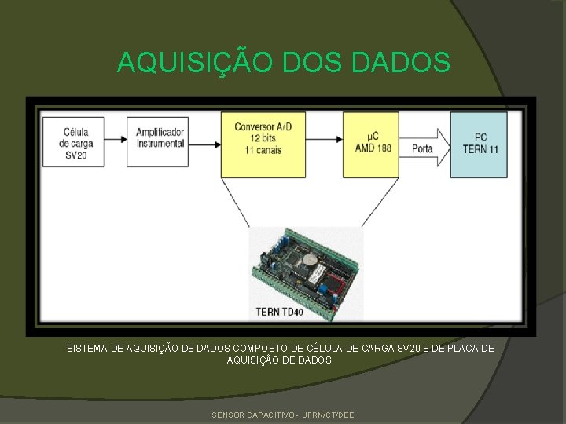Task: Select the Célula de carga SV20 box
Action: pyautogui.click(x=76, y=142)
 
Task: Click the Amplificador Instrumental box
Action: pyautogui.click(x=160, y=142)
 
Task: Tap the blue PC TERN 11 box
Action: pyautogui.click(x=479, y=144)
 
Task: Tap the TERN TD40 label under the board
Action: pyautogui.click(x=279, y=312)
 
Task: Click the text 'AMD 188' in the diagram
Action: pyautogui.click(x=373, y=148)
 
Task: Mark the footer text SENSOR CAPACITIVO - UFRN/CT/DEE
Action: pyautogui.click(x=283, y=415)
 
